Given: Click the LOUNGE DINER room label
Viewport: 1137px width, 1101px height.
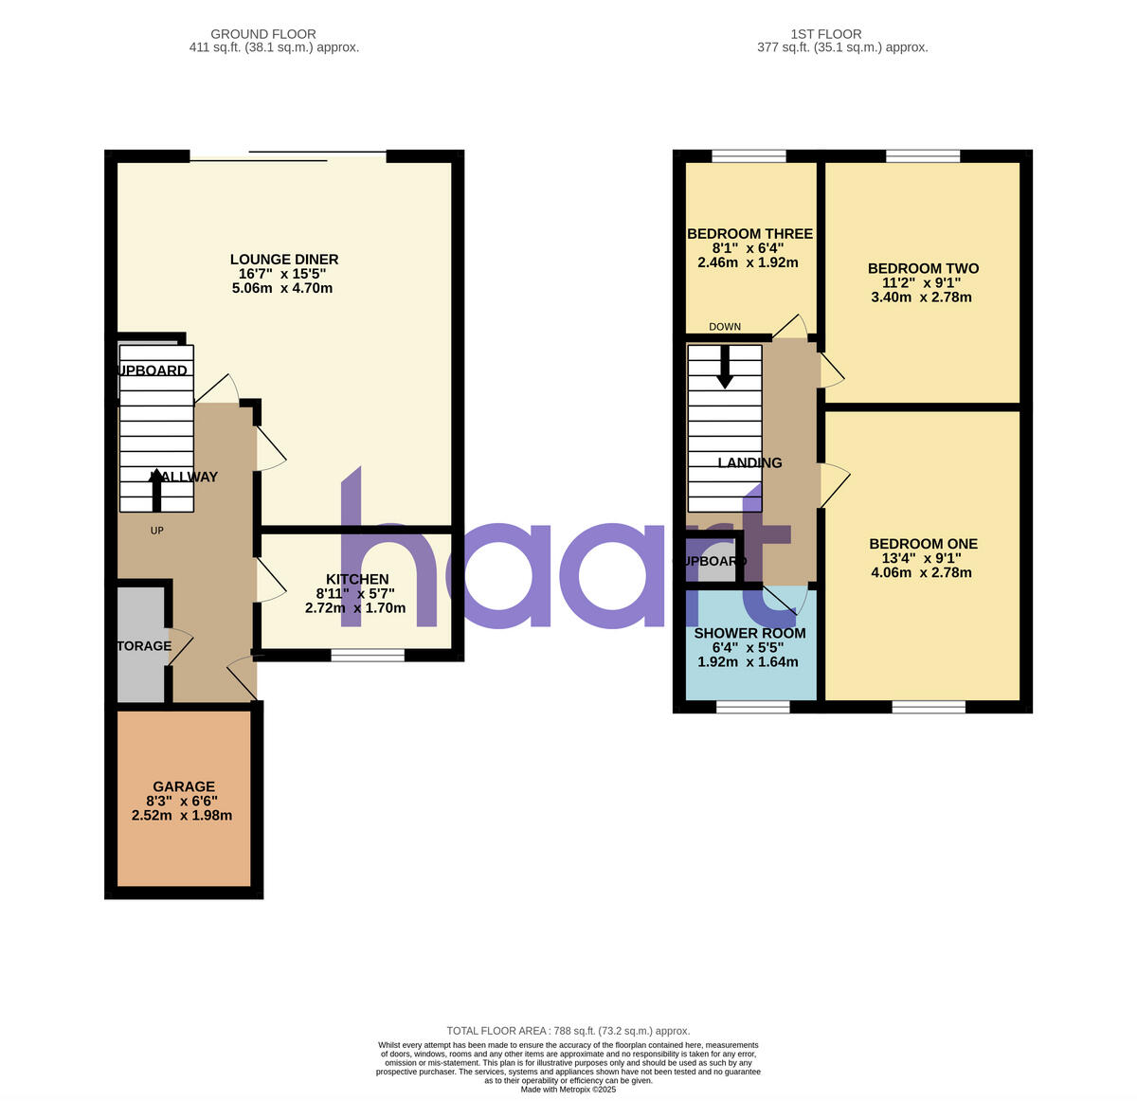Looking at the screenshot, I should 284,260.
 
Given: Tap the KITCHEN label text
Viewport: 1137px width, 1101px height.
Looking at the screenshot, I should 357,580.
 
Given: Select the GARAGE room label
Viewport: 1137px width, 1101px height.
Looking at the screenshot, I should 184,786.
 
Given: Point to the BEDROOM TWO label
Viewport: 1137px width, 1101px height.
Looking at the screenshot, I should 923,269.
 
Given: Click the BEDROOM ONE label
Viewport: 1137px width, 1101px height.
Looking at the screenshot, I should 923,545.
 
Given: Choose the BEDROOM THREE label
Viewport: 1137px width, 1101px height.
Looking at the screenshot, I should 749,234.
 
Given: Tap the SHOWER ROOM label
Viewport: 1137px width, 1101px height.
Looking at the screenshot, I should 749,634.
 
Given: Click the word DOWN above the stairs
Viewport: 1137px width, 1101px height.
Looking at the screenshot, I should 725,327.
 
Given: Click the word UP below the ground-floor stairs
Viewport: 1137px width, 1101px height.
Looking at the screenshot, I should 157,531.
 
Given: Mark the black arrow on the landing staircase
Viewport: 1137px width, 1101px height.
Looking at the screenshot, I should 725,368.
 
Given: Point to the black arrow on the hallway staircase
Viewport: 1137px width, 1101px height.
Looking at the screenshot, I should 156,489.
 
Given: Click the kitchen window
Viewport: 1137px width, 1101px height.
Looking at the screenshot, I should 368,654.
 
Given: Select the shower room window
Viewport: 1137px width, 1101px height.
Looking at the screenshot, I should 752,706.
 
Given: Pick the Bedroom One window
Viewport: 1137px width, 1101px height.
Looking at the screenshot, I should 929,706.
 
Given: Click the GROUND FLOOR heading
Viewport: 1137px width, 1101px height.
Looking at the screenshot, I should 263,34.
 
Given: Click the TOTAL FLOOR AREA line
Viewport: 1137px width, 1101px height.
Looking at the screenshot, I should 568,1031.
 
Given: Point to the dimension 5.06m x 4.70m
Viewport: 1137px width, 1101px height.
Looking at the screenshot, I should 282,288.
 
